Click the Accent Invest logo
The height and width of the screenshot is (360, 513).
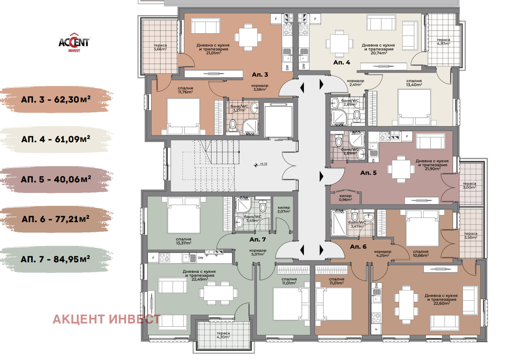coord(74,43)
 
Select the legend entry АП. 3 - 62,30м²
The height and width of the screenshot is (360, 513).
coord(56,99)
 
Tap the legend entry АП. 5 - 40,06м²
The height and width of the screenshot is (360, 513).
coord(56,179)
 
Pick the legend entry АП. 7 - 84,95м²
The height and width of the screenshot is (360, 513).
coord(55,259)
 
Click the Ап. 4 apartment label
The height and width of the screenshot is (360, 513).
coord(342,62)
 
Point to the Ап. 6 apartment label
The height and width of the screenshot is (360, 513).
coord(358,246)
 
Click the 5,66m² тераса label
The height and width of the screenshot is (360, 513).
coord(160,47)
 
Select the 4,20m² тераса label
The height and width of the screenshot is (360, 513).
coord(223,335)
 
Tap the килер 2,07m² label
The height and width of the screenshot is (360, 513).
coord(284,210)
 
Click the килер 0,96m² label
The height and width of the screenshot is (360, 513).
coord(345,198)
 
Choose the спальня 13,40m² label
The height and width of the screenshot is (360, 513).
coord(414,83)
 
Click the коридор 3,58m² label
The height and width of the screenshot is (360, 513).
coord(260,88)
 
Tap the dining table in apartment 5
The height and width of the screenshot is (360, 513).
coord(401,169)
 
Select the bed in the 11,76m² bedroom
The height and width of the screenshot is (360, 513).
coord(183,116)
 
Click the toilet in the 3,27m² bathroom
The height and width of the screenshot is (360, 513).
coord(233,126)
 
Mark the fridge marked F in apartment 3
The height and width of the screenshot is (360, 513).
coord(276,19)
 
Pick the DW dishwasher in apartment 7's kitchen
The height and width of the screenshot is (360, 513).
coord(201,258)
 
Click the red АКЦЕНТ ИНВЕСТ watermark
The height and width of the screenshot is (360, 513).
coord(107,319)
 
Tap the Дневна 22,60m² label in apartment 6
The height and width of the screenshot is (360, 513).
coord(441,299)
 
